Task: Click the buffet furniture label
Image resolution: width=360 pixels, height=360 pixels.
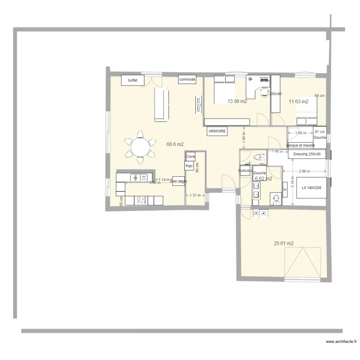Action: (x=133, y=80)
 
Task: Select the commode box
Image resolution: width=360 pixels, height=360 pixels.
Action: (x=187, y=79)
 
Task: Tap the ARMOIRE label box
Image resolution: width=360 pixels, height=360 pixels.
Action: (x=217, y=131)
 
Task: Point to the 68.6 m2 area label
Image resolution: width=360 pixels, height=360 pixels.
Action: (x=175, y=144)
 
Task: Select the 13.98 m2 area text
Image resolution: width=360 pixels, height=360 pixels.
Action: (x=237, y=101)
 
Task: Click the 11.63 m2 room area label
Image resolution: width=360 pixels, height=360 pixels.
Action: (x=298, y=101)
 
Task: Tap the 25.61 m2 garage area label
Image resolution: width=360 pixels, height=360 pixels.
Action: (x=284, y=243)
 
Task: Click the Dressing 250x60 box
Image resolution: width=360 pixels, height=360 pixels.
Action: (x=307, y=154)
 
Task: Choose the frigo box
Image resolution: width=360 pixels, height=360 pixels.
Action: (x=189, y=166)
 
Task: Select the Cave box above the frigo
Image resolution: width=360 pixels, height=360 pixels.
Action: (x=191, y=156)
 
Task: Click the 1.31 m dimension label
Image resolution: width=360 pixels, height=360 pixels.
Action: (x=195, y=195)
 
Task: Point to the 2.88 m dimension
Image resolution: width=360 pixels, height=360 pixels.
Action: (x=305, y=171)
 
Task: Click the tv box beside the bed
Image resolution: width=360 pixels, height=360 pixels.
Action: (x=285, y=190)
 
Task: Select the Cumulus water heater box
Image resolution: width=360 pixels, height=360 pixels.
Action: (x=245, y=170)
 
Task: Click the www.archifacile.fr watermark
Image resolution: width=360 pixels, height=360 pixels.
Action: (x=342, y=342)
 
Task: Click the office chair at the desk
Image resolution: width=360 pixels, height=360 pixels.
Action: (x=264, y=92)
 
